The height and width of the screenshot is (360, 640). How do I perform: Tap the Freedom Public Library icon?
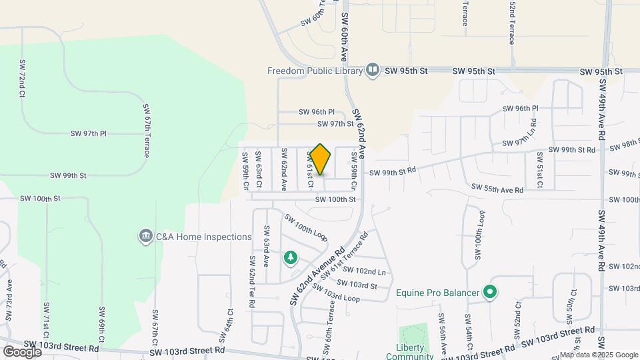[372, 70]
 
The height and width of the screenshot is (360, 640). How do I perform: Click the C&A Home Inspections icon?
[145, 237]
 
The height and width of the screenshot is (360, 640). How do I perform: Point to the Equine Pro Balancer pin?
[490, 292]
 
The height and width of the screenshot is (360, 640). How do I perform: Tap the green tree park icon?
[290, 257]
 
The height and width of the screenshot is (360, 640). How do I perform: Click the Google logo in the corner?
[22, 351]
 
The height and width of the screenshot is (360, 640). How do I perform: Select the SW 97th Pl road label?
[89, 134]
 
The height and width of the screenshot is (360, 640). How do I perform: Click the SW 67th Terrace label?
[145, 130]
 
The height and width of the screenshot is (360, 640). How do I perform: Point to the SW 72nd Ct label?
[21, 82]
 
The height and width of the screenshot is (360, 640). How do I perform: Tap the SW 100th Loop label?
[307, 228]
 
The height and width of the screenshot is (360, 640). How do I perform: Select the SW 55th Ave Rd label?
[497, 189]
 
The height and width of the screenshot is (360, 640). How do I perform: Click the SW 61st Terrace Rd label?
[344, 257]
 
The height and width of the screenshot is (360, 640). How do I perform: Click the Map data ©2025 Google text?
[598, 355]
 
